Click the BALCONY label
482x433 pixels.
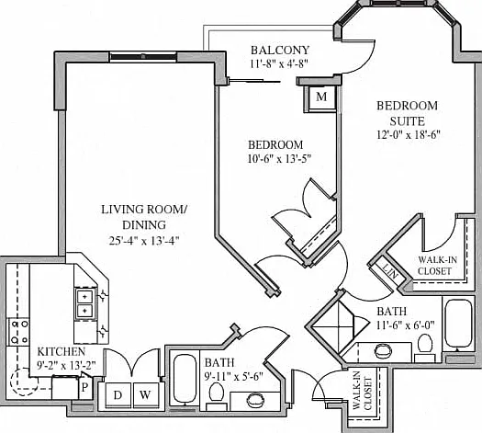[280, 50]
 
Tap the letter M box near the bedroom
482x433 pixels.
[321, 97]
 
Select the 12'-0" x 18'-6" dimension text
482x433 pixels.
[409, 135]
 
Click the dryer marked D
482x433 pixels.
[118, 395]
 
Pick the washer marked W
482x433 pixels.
[146, 395]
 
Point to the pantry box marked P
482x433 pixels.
[85, 387]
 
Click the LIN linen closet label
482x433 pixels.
[390, 270]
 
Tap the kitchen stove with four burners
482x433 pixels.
[18, 332]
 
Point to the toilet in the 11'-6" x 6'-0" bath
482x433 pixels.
[425, 348]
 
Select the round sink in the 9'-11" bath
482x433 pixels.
[256, 401]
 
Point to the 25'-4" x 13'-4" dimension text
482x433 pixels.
[144, 240]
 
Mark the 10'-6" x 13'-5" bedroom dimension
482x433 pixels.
[279, 159]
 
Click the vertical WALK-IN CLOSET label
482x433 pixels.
[363, 394]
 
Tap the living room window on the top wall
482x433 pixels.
[143, 57]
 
